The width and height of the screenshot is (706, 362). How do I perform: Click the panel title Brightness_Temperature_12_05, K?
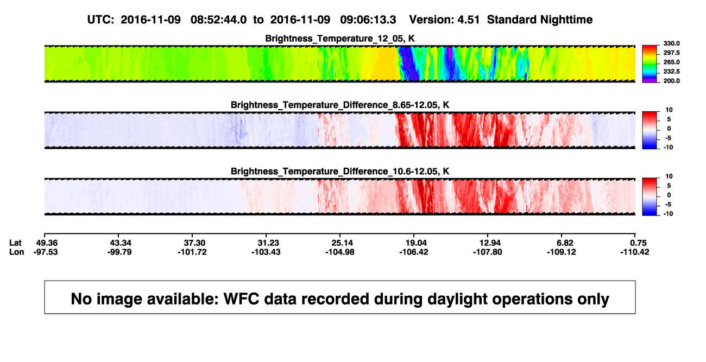(340, 39)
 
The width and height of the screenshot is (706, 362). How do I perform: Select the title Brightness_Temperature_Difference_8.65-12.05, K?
(340, 105)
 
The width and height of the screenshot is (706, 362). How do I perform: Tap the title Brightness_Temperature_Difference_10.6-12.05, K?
(340, 172)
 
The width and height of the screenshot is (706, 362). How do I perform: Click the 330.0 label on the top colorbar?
(671, 43)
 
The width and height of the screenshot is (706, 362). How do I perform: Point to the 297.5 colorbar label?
(671, 53)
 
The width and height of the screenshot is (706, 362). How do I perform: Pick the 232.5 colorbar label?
(671, 72)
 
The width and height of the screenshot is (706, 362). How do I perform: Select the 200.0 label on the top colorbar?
(671, 81)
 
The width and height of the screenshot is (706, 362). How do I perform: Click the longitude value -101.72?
(192, 252)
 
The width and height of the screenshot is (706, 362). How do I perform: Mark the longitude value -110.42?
(635, 252)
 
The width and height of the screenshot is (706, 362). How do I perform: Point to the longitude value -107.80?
(488, 252)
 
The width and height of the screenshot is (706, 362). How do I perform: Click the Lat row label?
(15, 243)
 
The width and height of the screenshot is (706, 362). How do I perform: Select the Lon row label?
(17, 252)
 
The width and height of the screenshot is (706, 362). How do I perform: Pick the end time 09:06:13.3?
(368, 20)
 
